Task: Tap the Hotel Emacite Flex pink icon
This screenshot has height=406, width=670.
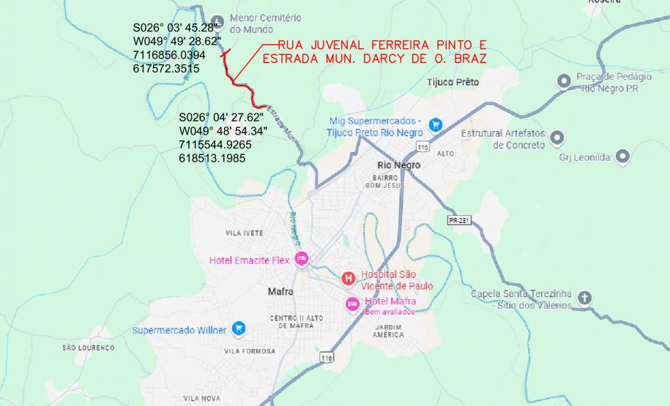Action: pos(302,259)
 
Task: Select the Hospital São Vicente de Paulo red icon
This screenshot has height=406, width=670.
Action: pos(349,278)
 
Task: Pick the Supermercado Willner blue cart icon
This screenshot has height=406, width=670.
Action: pos(238,329)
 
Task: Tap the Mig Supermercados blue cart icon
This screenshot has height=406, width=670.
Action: pos(436,124)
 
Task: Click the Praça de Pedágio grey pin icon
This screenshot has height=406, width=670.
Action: pos(564,81)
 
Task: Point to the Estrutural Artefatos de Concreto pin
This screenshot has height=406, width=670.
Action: pos(557,137)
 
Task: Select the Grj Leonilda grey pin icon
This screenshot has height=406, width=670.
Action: pos(623,156)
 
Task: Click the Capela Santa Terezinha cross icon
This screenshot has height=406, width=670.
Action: pos(584,298)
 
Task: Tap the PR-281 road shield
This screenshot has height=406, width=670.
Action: pos(458,219)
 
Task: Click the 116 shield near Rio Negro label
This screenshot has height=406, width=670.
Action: pos(422,147)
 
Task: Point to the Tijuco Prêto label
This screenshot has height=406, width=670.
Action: pos(453,83)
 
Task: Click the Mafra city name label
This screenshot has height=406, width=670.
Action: pos(280,291)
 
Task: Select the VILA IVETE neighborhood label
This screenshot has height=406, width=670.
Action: pos(243,233)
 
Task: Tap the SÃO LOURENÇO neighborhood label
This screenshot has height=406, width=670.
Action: pos(89,347)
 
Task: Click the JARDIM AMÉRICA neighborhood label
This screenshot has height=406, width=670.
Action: pos(389,330)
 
